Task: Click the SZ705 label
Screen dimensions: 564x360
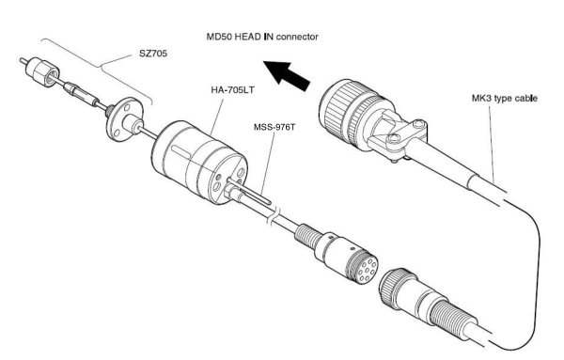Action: pyautogui.click(x=153, y=54)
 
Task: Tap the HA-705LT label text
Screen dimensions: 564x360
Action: pyautogui.click(x=233, y=89)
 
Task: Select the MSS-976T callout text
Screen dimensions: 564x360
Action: pyautogui.click(x=274, y=127)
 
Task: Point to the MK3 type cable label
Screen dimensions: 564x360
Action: pyautogui.click(x=504, y=98)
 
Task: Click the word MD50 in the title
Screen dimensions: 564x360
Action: pyautogui.click(x=219, y=37)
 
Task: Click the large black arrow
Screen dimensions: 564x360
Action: pyautogui.click(x=287, y=75)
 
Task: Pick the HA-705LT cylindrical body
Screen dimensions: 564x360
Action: pyautogui.click(x=199, y=163)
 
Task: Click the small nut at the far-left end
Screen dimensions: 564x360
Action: pyautogui.click(x=42, y=73)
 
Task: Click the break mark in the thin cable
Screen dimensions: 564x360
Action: pyautogui.click(x=273, y=216)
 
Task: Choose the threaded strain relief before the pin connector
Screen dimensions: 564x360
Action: pyautogui.click(x=308, y=235)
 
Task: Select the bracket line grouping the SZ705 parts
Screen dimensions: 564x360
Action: pyautogui.click(x=98, y=68)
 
